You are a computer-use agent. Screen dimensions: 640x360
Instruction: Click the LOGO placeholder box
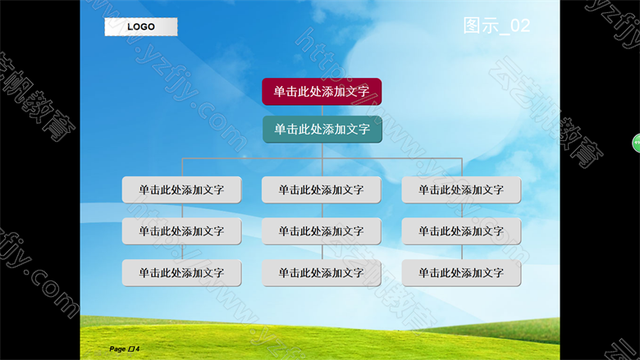[x=141, y=27]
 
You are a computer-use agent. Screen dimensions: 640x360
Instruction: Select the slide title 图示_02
[x=496, y=25]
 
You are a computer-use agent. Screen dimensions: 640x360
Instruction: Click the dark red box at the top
[x=322, y=92]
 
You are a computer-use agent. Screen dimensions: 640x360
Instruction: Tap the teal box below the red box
[x=322, y=130]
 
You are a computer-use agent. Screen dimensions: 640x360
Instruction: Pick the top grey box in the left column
[x=181, y=189]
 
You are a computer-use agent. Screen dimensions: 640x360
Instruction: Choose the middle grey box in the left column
[x=181, y=231]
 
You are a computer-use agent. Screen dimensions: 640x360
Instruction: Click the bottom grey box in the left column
[x=181, y=273]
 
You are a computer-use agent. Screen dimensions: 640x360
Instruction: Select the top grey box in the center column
[x=321, y=189]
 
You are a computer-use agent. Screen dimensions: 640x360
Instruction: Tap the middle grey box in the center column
[x=321, y=231]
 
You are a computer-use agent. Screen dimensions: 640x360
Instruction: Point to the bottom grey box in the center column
[x=321, y=273]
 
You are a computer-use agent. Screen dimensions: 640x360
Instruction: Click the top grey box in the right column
[x=461, y=189]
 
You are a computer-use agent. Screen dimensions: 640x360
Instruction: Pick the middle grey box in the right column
[x=461, y=231]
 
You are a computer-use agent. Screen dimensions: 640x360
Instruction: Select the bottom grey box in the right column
[x=461, y=273]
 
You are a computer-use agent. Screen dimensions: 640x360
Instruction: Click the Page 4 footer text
[x=125, y=349]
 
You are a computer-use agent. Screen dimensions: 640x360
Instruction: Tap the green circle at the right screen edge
[x=637, y=144]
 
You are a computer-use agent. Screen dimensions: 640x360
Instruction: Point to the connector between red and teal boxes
[x=322, y=111]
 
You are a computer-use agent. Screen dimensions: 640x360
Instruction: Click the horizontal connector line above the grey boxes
[x=322, y=158]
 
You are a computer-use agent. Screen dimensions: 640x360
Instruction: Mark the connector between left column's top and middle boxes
[x=182, y=211]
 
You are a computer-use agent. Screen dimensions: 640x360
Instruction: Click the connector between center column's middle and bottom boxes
[x=322, y=252]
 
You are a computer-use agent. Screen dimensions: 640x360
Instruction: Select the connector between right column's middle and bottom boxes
[x=462, y=252]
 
